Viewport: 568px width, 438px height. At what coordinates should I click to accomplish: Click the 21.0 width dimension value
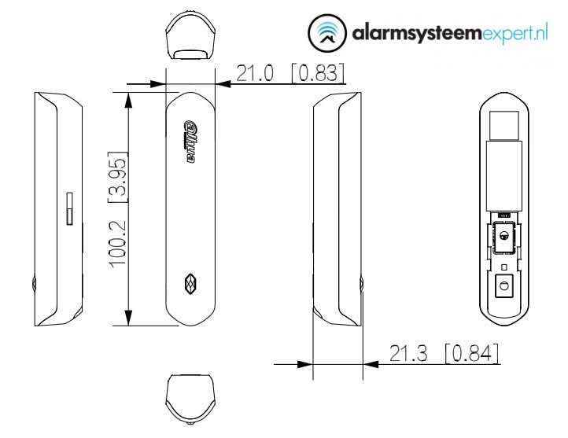[x=258, y=74]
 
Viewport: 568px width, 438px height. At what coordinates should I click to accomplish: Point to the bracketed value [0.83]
[x=317, y=74]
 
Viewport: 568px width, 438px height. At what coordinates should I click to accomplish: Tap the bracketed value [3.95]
[x=117, y=175]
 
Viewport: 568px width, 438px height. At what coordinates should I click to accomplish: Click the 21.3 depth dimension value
[x=411, y=354]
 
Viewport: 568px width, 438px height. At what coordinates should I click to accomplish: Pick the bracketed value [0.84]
[x=470, y=354]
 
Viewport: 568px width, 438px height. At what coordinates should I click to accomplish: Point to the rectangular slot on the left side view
[x=68, y=208]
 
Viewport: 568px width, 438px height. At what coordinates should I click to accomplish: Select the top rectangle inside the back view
[x=502, y=125]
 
